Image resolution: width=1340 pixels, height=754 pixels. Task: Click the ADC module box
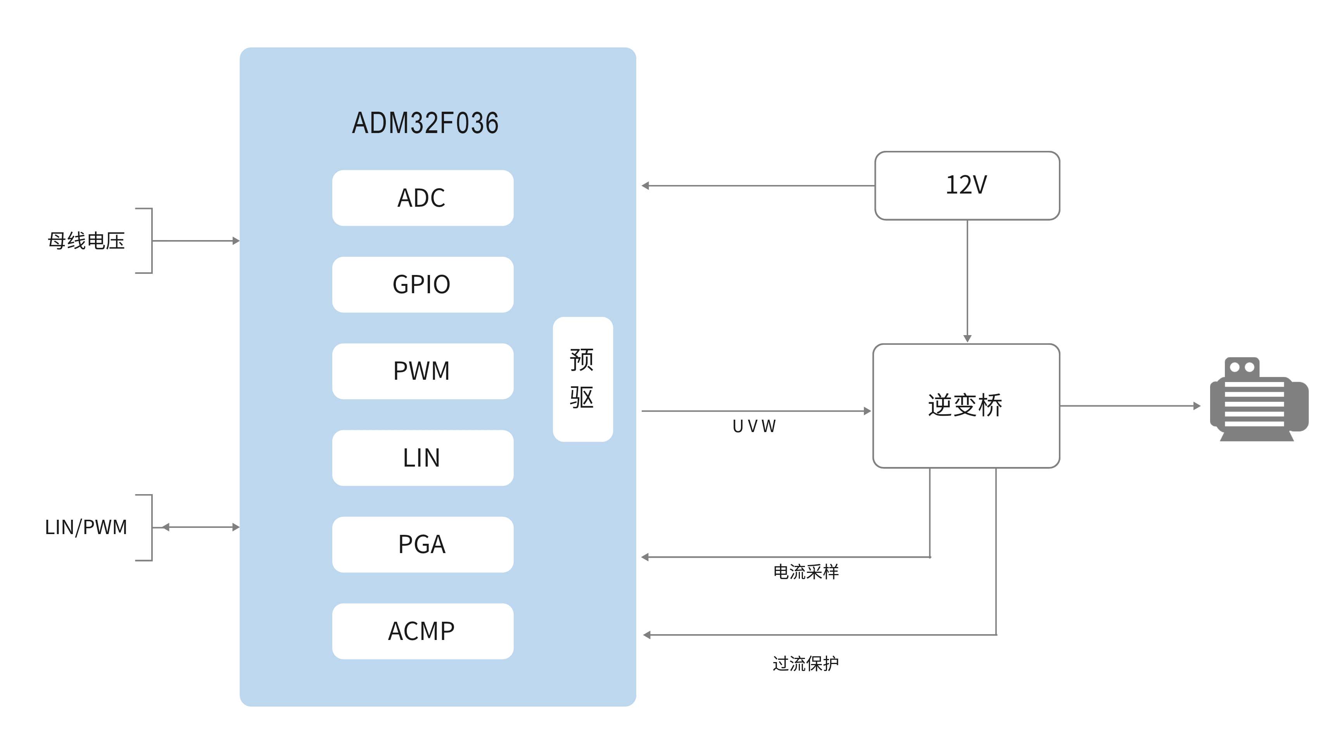click(x=422, y=198)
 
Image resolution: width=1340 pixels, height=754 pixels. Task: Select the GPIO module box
click(x=422, y=285)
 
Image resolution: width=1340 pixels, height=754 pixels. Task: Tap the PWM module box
click(x=422, y=371)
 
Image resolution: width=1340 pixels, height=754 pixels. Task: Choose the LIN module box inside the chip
click(x=422, y=458)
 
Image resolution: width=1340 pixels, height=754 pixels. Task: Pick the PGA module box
click(x=422, y=544)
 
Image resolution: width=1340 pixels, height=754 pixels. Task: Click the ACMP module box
click(x=422, y=631)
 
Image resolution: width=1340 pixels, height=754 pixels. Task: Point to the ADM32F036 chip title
click(x=425, y=123)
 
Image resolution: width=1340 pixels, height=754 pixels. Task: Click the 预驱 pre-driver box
click(x=583, y=379)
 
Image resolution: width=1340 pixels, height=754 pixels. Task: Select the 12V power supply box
click(x=967, y=185)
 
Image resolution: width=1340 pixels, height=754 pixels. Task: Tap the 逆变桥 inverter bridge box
click(x=966, y=405)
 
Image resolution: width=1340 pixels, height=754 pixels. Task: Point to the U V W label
click(x=754, y=426)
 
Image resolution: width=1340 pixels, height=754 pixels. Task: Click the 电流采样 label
click(x=806, y=572)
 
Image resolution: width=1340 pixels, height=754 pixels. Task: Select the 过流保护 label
click(x=805, y=664)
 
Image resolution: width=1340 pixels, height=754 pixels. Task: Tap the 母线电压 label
click(x=86, y=241)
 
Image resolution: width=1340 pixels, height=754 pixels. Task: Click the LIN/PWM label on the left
click(x=86, y=527)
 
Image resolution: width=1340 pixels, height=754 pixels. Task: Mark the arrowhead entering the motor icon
click(x=1197, y=405)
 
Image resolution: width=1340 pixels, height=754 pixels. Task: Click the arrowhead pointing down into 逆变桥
click(x=967, y=338)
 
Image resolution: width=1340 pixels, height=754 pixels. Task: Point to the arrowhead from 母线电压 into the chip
click(x=236, y=241)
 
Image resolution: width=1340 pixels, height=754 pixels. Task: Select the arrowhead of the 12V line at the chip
click(x=646, y=186)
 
